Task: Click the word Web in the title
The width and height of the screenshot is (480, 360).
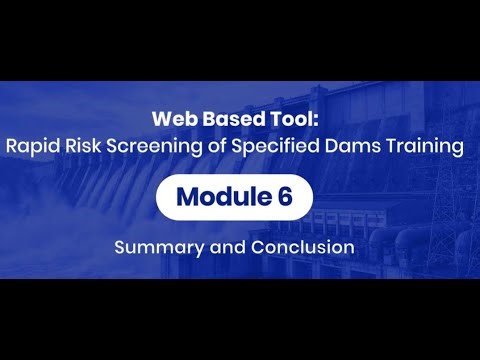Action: point(173,118)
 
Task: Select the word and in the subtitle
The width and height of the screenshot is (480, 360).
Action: point(221,246)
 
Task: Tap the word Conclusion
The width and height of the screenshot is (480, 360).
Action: point(298,246)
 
